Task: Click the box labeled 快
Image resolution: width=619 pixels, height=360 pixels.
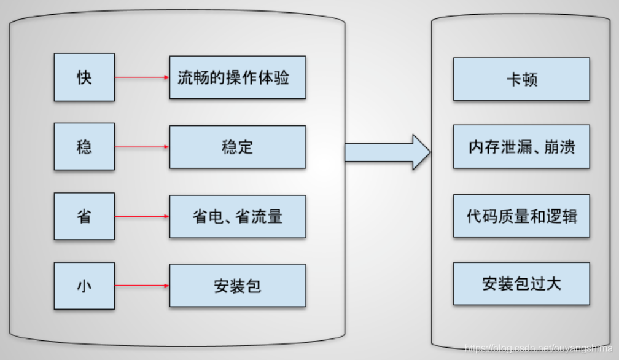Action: (x=84, y=77)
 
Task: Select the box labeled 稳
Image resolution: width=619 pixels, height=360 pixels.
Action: (x=84, y=147)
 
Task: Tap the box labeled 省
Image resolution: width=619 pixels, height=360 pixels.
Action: (x=84, y=216)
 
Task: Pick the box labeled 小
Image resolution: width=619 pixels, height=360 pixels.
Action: (x=84, y=286)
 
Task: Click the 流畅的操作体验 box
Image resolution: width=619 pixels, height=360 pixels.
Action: (x=237, y=77)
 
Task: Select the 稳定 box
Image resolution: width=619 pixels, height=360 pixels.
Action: (x=237, y=147)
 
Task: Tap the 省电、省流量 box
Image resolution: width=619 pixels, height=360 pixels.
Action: (x=237, y=216)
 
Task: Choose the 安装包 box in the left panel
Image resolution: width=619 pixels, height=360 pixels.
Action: (x=237, y=286)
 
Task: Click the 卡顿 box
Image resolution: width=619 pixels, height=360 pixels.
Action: (x=521, y=79)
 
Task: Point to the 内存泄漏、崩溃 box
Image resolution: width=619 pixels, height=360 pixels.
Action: (x=521, y=147)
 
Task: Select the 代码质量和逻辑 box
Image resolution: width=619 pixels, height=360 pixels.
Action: (x=521, y=216)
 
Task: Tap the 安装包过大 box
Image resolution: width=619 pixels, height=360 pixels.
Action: (x=521, y=283)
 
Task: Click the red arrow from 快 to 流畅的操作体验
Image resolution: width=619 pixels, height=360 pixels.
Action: (x=142, y=77)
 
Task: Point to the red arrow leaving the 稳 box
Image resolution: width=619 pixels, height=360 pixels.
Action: (x=142, y=147)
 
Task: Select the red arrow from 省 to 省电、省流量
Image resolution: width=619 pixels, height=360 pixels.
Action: (x=142, y=216)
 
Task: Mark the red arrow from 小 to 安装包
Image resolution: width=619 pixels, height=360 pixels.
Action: (x=142, y=286)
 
